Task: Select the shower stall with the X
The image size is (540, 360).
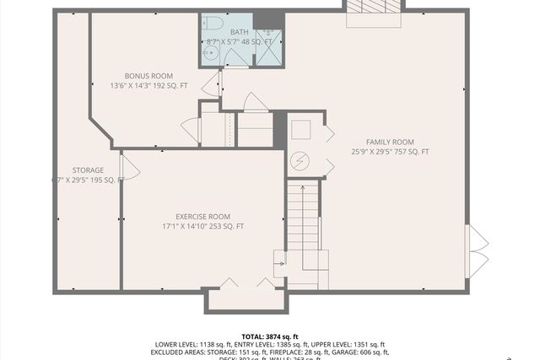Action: [267, 50]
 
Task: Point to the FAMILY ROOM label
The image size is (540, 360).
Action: [390, 142]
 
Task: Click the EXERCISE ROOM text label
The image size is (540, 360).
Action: [202, 216]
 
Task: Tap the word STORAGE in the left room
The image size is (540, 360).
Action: [88, 169]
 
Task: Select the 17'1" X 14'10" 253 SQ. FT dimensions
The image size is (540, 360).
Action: [202, 227]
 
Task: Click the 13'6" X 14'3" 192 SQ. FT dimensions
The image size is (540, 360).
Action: [148, 86]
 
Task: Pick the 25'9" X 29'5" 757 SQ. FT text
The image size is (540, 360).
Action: [390, 152]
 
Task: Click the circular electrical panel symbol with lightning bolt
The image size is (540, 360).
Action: [300, 160]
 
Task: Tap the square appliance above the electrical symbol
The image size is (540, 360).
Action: [301, 130]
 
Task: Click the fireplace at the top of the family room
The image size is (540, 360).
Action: [372, 7]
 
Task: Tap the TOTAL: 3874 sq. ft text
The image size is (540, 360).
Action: [270, 336]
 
